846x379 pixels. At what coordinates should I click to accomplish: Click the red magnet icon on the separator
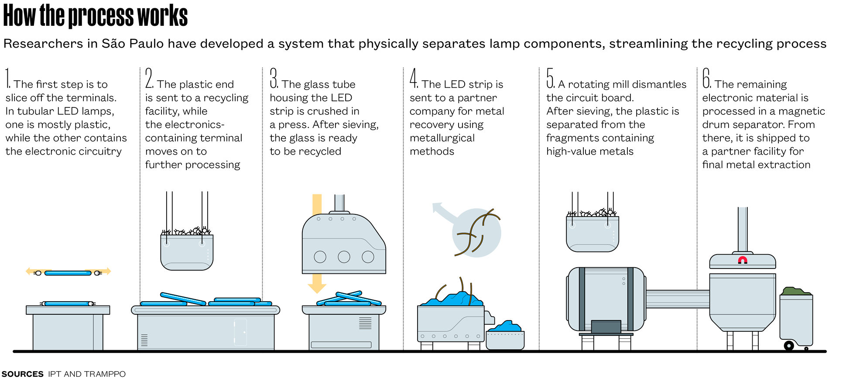coord(742,261)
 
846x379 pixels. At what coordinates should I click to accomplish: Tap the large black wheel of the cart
coord(789,346)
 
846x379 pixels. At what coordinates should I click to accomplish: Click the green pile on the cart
coord(796,291)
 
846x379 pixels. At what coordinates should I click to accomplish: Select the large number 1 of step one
coord(8,78)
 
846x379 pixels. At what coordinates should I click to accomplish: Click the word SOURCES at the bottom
coord(23,374)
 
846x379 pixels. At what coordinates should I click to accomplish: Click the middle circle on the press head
coord(344,257)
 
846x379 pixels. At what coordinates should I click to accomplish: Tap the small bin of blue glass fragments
coord(505,337)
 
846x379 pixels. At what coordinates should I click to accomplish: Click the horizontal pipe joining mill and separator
coord(678,299)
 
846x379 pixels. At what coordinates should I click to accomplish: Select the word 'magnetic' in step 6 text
coord(802,111)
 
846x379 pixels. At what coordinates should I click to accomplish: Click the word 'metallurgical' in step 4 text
coord(442,138)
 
